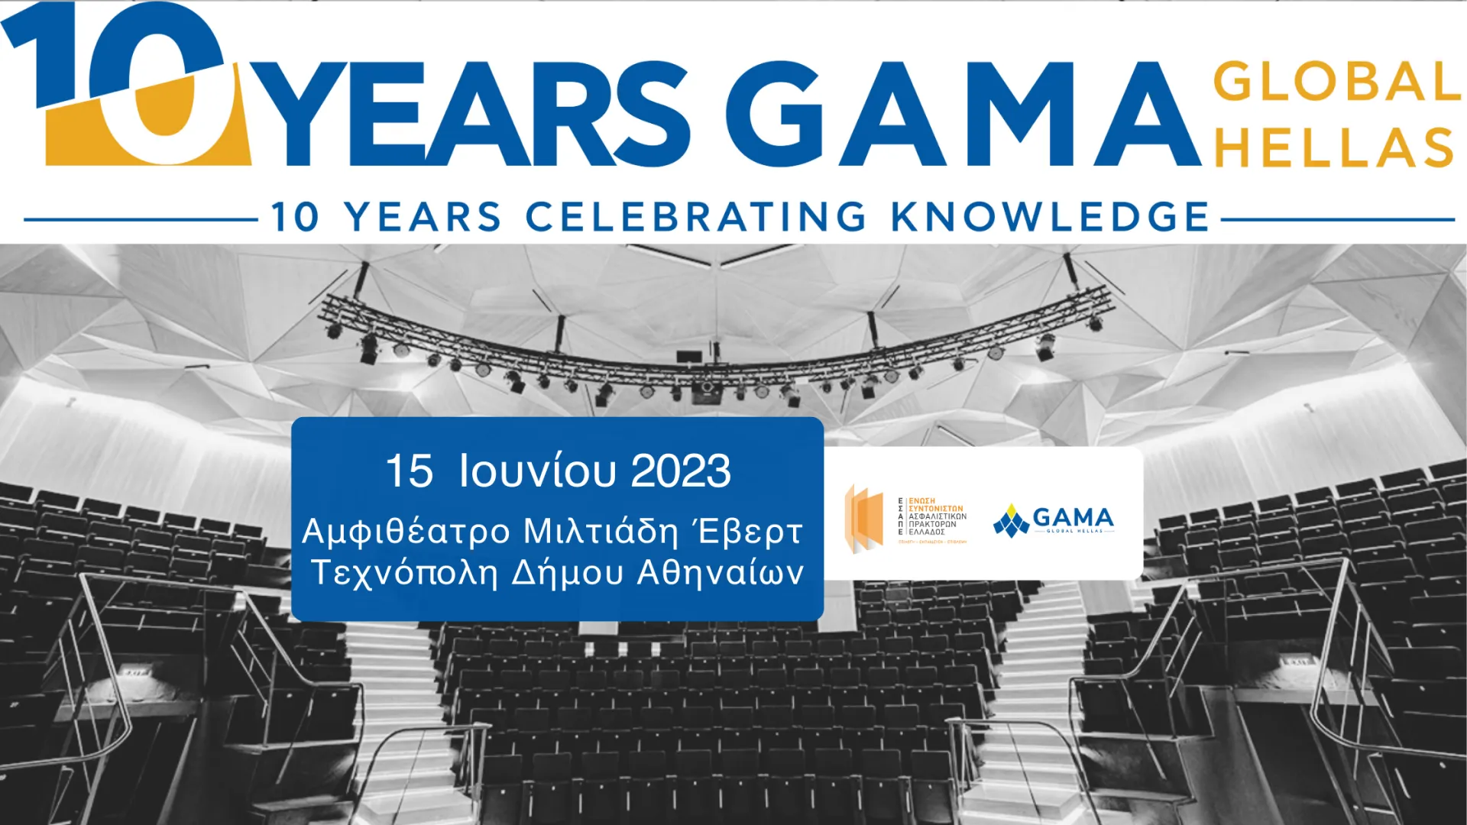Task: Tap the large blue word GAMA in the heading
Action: [x=963, y=115]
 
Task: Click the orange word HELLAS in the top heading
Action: [x=1334, y=147]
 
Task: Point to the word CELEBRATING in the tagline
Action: [x=695, y=217]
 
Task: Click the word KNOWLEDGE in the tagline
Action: [x=1050, y=217]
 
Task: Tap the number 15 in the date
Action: [x=409, y=471]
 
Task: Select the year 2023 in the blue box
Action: [x=680, y=471]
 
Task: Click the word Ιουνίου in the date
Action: [x=536, y=471]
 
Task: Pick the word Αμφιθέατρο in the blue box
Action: [x=406, y=532]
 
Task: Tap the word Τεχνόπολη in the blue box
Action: [x=405, y=573]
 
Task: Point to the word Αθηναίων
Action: [x=720, y=573]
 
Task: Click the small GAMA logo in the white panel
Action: [x=1054, y=519]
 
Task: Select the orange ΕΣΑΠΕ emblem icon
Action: [x=864, y=519]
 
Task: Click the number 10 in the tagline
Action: [x=295, y=217]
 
